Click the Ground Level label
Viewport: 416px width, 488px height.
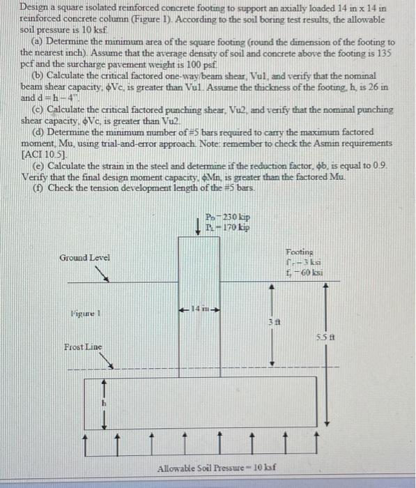pos(86,257)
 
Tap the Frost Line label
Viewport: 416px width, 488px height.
pos(84,346)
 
